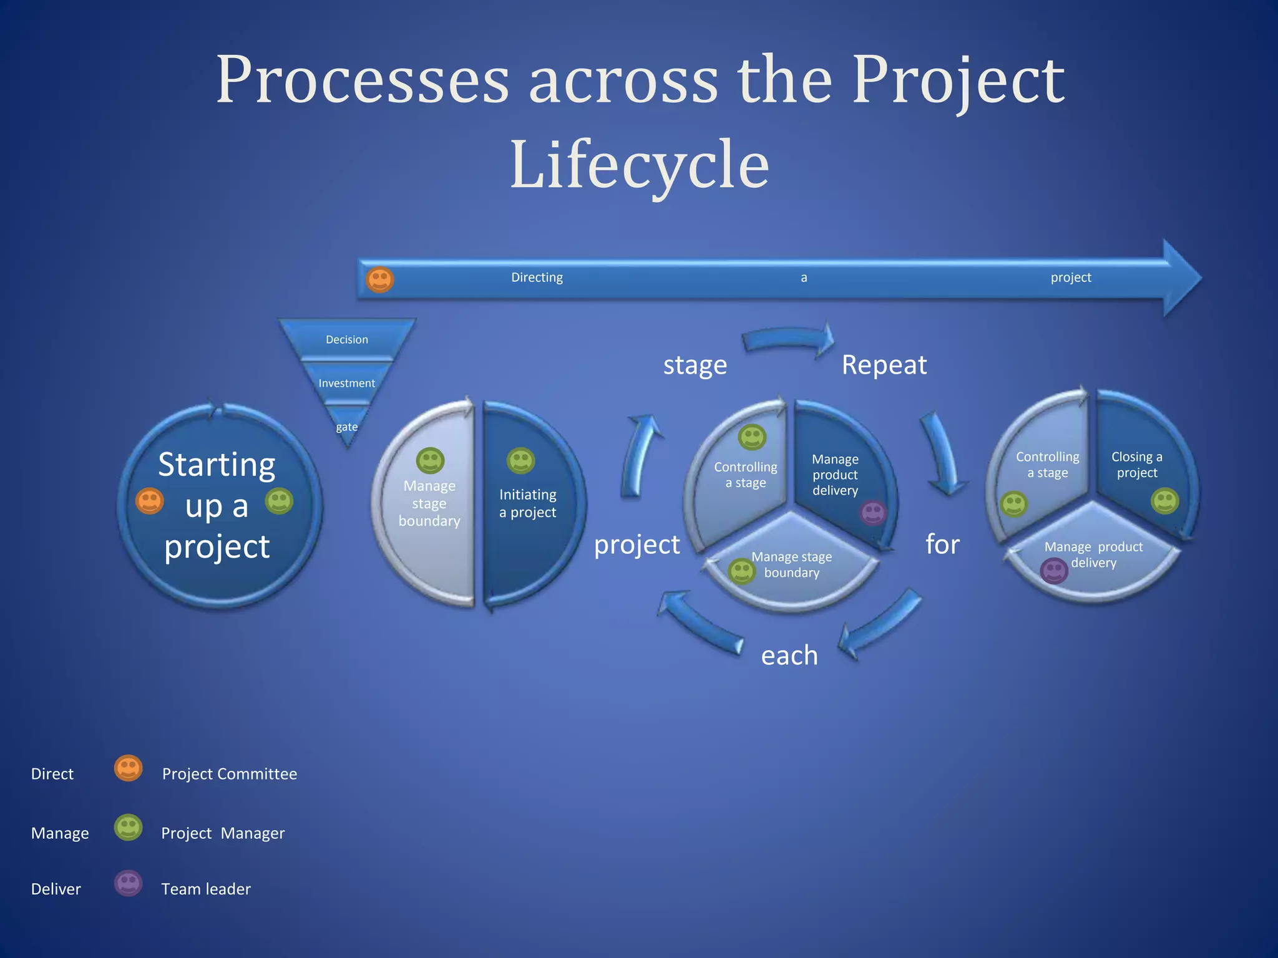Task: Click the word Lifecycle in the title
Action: pos(639,165)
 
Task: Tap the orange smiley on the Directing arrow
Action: pos(379,279)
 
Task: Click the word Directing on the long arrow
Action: pos(537,278)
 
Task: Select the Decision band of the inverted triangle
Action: pos(347,339)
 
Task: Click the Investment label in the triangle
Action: pos(347,383)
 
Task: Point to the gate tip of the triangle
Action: pos(347,427)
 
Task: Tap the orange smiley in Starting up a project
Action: pos(150,501)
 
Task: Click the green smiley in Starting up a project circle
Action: pos(279,501)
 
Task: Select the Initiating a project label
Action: pos(528,503)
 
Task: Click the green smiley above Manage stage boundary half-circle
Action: pos(430,461)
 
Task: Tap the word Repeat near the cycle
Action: pos(884,365)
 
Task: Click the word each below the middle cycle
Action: pos(789,656)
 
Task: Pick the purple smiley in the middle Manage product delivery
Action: pos(873,513)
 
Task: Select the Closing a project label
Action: pos(1136,465)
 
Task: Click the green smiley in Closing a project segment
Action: pos(1164,501)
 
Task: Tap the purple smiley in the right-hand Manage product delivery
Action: pos(1054,571)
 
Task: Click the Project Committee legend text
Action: pos(230,774)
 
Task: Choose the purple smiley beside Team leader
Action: pos(129,883)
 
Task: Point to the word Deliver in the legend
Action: pos(56,889)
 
